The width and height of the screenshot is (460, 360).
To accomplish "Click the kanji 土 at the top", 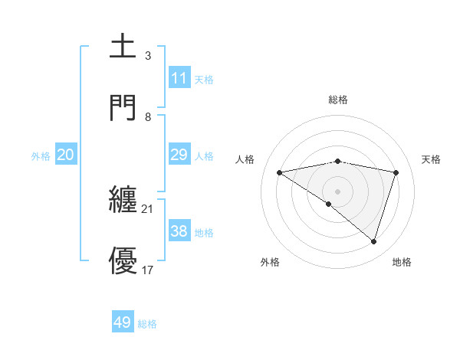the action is (x=123, y=47).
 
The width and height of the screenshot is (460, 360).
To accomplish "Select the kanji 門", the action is (x=123, y=106).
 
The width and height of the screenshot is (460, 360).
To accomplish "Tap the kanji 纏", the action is (x=123, y=201).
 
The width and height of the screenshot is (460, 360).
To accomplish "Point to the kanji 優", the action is (x=123, y=260).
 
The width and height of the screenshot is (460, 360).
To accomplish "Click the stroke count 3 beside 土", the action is (x=148, y=56).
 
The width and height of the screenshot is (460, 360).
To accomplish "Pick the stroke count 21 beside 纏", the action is (x=148, y=209).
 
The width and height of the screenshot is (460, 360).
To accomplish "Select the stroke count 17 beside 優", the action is (x=148, y=270).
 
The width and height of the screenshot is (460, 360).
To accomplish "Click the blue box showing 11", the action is (x=179, y=78).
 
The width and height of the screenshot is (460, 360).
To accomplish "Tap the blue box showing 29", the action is (x=179, y=155).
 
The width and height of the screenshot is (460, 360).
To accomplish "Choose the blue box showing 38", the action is (x=179, y=231).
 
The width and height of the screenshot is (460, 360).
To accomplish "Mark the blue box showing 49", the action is (x=123, y=322).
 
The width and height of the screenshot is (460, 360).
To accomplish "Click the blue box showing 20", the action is (x=66, y=155).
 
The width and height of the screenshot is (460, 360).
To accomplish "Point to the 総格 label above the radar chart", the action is (x=338, y=100).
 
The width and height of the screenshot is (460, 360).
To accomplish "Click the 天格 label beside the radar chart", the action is (x=432, y=159).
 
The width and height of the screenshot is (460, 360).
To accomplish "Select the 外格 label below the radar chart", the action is (x=270, y=262).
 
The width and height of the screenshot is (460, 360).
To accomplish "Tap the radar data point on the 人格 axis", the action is (x=279, y=172).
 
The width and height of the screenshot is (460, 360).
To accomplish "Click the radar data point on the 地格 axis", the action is (x=374, y=242).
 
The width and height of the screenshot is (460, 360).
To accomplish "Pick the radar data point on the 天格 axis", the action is (x=396, y=172).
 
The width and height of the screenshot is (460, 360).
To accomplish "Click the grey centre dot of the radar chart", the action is (x=337, y=191).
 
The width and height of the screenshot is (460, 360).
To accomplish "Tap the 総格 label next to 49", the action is (x=147, y=324).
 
